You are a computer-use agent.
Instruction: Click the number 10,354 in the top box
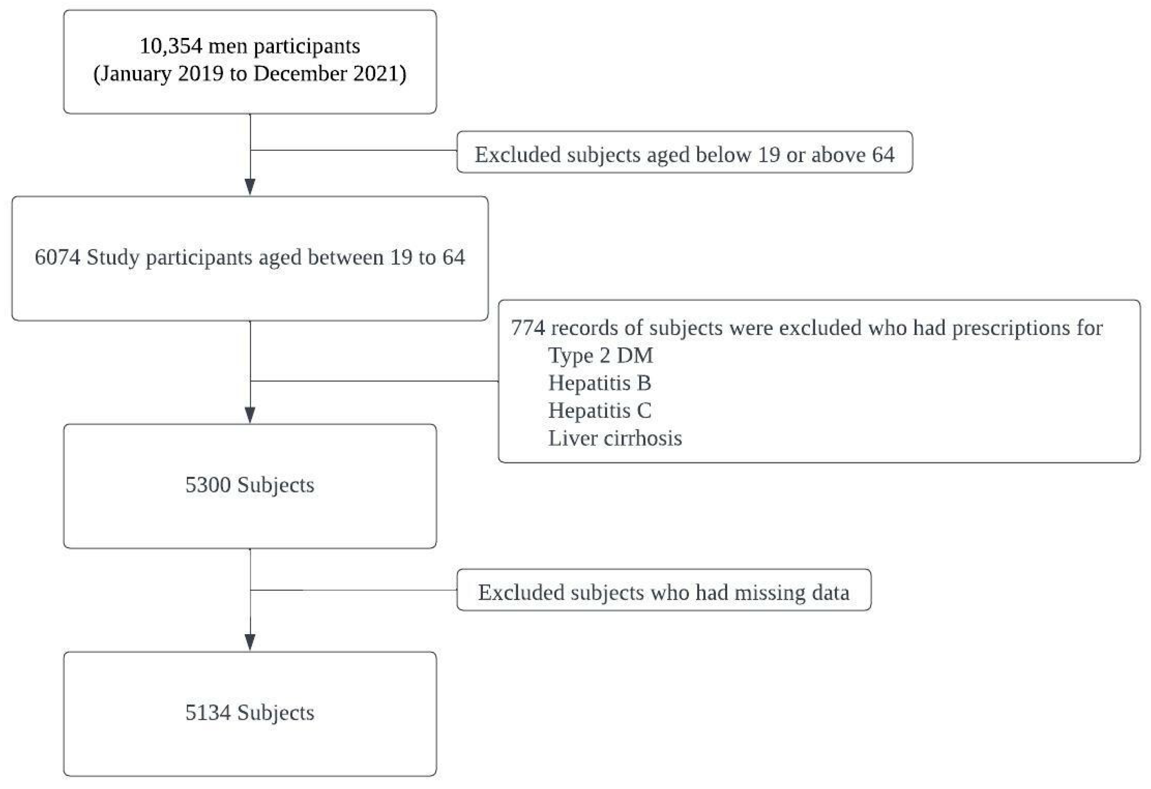pyautogui.click(x=171, y=47)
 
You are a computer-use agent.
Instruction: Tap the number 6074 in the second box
pyautogui.click(x=57, y=257)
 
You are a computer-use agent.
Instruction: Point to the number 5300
pyautogui.click(x=208, y=485)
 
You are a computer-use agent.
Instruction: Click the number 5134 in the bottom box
pyautogui.click(x=208, y=713)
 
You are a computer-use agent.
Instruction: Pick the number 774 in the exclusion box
pyautogui.click(x=528, y=328)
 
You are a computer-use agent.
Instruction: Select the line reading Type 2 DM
pyautogui.click(x=600, y=356)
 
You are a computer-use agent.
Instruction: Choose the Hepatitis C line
pyautogui.click(x=599, y=411)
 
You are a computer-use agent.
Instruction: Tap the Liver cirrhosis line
pyautogui.click(x=615, y=439)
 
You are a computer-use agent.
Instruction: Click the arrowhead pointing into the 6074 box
pyautogui.click(x=250, y=187)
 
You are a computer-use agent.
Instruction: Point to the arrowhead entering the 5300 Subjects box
pyautogui.click(x=250, y=415)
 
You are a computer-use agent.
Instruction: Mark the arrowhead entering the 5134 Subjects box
pyautogui.click(x=250, y=643)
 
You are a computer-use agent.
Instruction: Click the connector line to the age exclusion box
pyautogui.click(x=354, y=150)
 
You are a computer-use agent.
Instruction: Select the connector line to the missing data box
pyautogui.click(x=354, y=590)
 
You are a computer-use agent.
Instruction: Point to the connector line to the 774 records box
pyautogui.click(x=374, y=381)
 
